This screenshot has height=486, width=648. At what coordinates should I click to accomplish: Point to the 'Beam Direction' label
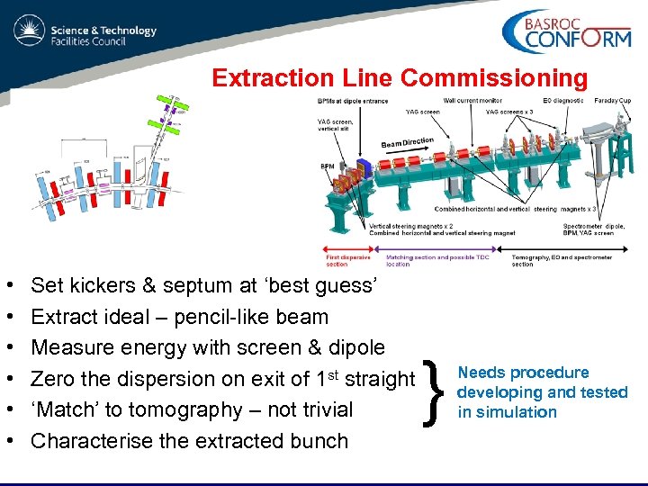point(408,142)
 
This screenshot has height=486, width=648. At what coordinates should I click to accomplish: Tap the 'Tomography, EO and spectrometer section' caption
point(561,260)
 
